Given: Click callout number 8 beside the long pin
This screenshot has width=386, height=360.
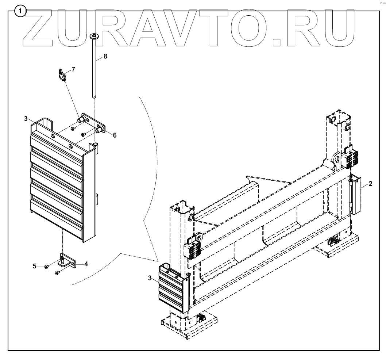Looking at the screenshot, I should pos(105,57).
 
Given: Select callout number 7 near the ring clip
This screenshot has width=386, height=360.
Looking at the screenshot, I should pos(73,69).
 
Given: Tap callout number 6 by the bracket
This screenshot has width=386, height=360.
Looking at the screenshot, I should pos(115,135).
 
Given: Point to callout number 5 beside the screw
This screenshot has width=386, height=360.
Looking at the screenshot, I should pos(35,266).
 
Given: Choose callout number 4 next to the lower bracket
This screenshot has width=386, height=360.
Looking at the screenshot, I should pos(86,264).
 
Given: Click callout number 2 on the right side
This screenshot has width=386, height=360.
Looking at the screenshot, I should pos(370,184).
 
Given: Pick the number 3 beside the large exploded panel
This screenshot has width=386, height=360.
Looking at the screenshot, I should pos(26,118).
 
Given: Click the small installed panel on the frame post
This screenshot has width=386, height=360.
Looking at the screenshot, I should pos(171,288).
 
